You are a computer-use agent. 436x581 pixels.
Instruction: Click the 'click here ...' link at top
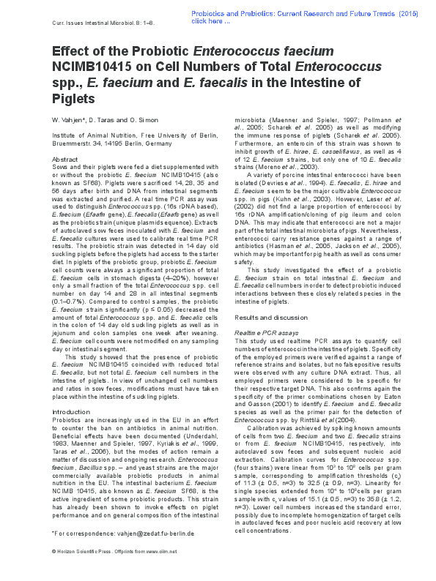click(211, 21)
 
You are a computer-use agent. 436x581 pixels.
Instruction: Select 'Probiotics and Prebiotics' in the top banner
click(237, 13)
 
